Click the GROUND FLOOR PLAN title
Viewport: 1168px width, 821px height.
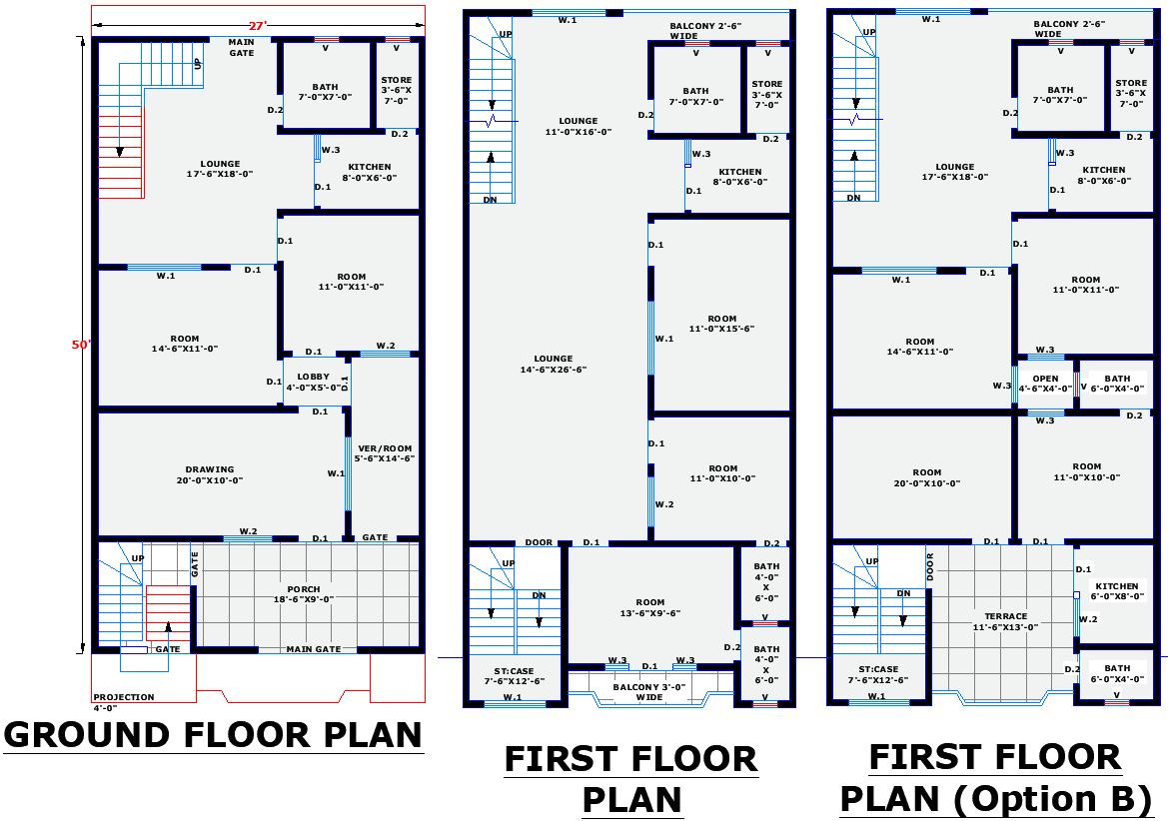(x=214, y=735)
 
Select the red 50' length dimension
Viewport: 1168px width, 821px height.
(x=81, y=345)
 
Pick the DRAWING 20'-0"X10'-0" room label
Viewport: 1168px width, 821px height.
(x=210, y=474)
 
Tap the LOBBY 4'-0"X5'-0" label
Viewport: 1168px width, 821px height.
(x=312, y=382)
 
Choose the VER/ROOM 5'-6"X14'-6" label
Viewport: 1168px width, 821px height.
(x=385, y=453)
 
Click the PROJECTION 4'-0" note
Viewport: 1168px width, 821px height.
(x=123, y=702)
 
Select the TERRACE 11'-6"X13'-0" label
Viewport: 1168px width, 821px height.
(x=1005, y=621)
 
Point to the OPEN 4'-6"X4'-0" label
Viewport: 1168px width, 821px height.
(x=1045, y=384)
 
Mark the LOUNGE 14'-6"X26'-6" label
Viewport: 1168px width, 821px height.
(x=553, y=364)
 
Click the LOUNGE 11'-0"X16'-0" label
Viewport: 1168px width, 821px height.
(x=578, y=126)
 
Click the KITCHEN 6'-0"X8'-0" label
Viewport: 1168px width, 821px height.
(x=1117, y=591)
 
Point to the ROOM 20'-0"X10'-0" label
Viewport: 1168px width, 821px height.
(x=926, y=477)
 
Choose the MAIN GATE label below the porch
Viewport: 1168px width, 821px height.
(x=314, y=649)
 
